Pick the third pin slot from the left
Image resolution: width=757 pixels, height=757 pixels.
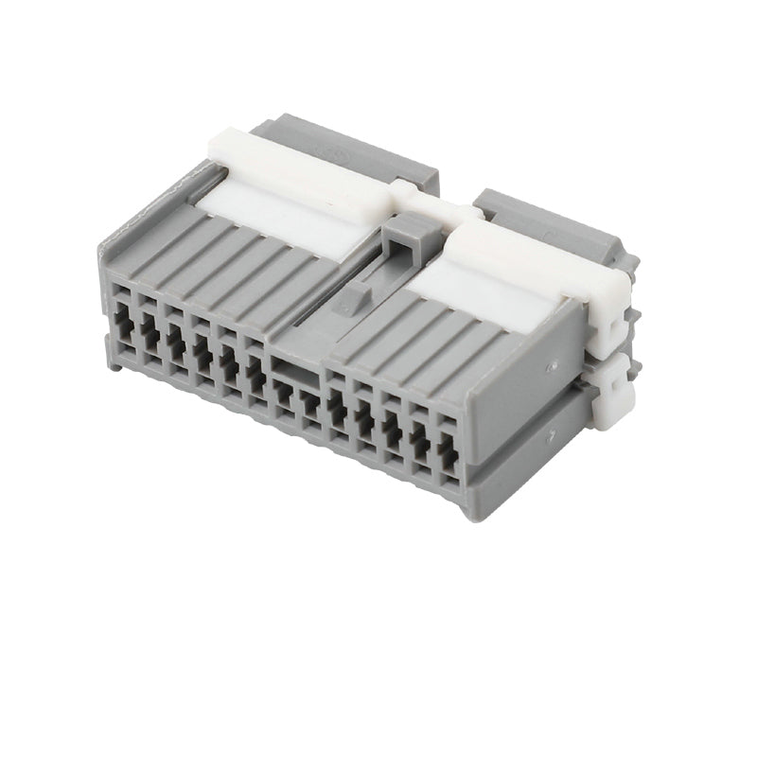[x=175, y=342]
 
